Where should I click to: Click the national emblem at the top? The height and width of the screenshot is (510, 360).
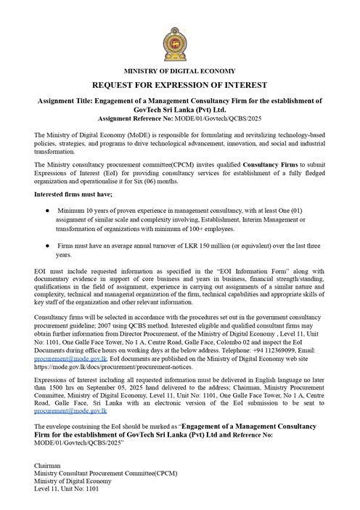pos(179,44)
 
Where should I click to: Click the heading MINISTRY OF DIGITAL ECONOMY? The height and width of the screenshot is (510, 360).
pos(179,70)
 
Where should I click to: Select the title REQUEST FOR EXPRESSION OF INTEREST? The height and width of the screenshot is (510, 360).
pos(179,84)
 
